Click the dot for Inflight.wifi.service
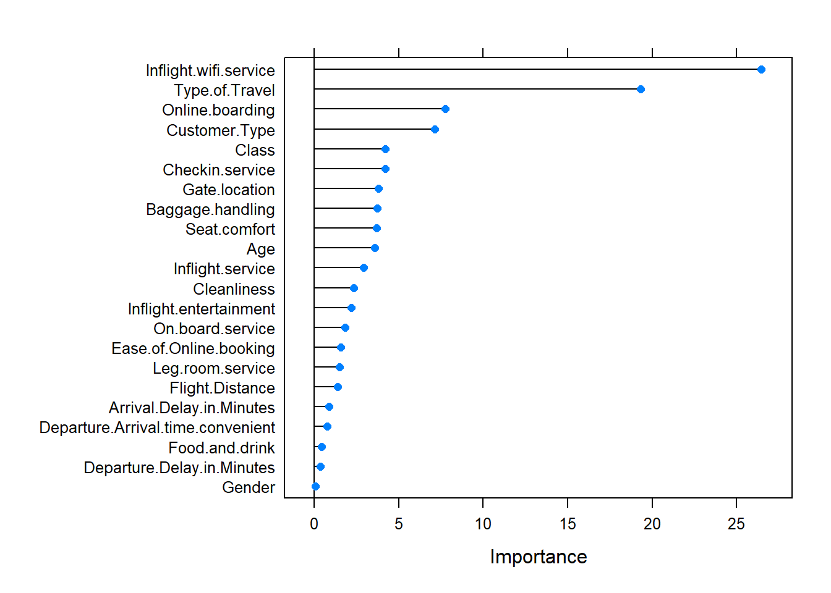tap(761, 70)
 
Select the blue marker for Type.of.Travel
tap(641, 90)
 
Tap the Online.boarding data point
tap(445, 109)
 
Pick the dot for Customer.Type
tap(435, 129)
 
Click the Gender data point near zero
tap(315, 487)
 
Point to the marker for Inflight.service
tap(364, 268)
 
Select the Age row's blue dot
tap(375, 248)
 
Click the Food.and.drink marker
tap(322, 447)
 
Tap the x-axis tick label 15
tap(568, 524)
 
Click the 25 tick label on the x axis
tap(736, 524)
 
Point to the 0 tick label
tap(314, 524)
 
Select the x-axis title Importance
tap(538, 557)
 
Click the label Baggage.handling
tap(210, 209)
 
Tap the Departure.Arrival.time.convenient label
tap(157, 427)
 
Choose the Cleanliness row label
tap(234, 289)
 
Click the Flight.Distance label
tap(222, 388)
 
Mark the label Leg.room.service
tap(214, 368)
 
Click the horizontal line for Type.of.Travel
tap(476, 90)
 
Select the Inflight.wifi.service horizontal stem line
tap(538, 70)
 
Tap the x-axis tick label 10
tap(483, 524)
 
